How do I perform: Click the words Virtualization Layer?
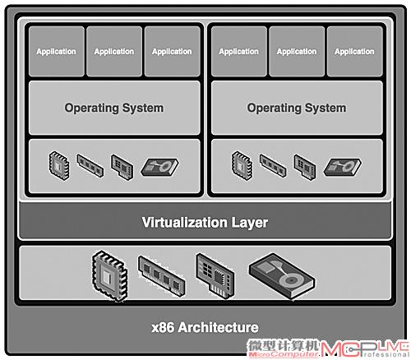(x=205, y=223)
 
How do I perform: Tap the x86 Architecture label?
(x=205, y=327)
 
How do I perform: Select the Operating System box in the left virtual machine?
(x=114, y=108)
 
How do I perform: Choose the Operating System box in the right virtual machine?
(x=297, y=108)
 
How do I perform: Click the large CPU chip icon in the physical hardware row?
(x=109, y=275)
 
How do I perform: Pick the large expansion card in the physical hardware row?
(x=215, y=276)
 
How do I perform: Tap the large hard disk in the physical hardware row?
(x=282, y=276)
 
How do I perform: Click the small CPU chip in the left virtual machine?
(x=59, y=165)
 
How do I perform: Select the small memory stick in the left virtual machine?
(x=90, y=165)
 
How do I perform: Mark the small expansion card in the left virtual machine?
(x=122, y=167)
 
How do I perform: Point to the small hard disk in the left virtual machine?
(x=159, y=167)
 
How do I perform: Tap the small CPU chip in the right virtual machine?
(x=242, y=165)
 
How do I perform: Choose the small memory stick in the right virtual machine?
(x=273, y=165)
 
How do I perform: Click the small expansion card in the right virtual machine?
(x=305, y=167)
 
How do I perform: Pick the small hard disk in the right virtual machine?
(x=342, y=167)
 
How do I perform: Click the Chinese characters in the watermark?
(x=284, y=345)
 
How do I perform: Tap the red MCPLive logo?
(x=364, y=348)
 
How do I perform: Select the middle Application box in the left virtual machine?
(x=114, y=51)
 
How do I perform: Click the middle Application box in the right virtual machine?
(x=297, y=51)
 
